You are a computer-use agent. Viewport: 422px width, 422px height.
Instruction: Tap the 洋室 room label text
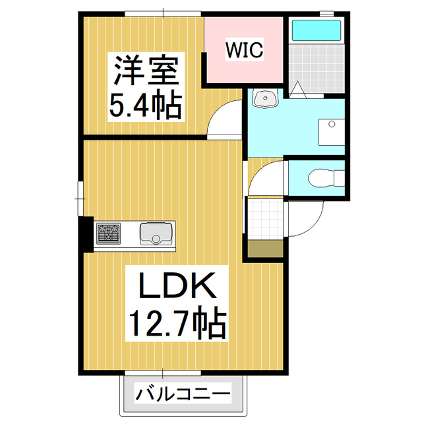pyautogui.click(x=146, y=71)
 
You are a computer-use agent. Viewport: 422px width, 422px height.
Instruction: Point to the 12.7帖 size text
pyautogui.click(x=177, y=323)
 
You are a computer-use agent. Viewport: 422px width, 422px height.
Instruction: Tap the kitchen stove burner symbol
pyautogui.click(x=109, y=233)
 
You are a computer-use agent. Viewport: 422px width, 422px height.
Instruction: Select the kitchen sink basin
pyautogui.click(x=156, y=233)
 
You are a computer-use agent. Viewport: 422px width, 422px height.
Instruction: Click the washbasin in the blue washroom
pyautogui.click(x=267, y=99)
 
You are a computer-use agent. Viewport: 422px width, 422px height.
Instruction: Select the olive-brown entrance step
pyautogui.click(x=265, y=249)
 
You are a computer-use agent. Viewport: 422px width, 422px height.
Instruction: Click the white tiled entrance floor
pyautogui.click(x=265, y=218)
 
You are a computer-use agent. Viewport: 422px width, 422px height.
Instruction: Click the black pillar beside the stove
pyautogui.click(x=86, y=233)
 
